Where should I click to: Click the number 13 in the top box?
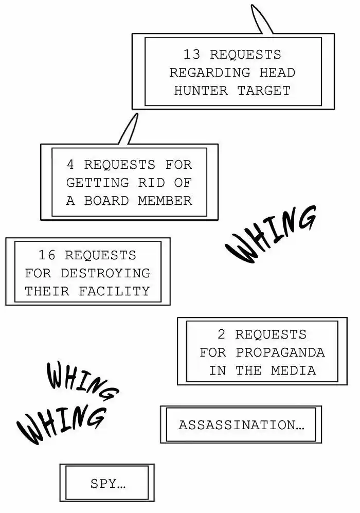(192, 55)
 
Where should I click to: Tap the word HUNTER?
(201, 91)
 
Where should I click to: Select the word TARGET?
(264, 91)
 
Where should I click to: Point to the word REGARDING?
(210, 73)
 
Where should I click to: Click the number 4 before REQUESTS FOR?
(70, 165)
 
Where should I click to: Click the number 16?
(47, 255)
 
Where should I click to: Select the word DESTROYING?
(105, 273)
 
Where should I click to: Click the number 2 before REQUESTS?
(222, 334)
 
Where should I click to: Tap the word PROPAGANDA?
(280, 352)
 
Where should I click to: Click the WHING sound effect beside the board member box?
(271, 234)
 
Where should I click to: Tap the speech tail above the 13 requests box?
(260, 21)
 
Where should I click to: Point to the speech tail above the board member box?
(129, 129)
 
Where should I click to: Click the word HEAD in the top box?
(277, 73)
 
